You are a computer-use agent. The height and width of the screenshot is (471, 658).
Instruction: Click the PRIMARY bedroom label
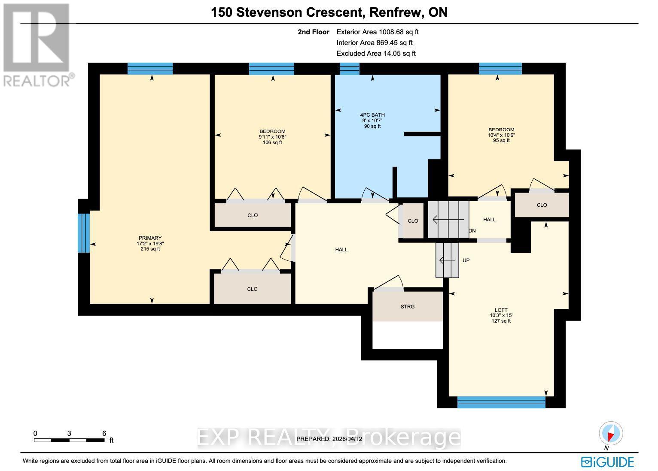click(150, 238)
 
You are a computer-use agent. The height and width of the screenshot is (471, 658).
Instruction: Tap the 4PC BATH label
click(372, 115)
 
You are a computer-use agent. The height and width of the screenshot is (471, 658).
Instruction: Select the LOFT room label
click(501, 310)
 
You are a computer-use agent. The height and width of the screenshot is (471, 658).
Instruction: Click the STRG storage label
click(407, 307)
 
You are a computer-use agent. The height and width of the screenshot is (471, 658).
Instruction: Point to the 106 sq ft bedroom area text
click(272, 142)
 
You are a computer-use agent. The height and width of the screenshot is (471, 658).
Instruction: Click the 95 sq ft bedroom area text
click(501, 140)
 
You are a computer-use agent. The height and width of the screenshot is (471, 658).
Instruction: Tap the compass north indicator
click(610, 434)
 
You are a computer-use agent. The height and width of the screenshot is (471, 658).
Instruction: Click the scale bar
click(69, 440)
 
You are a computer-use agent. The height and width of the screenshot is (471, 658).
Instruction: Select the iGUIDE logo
click(607, 462)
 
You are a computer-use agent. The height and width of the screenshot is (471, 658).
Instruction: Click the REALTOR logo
click(36, 45)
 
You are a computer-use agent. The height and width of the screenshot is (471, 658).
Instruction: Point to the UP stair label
click(466, 260)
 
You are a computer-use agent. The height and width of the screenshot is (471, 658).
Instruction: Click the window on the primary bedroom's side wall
click(84, 232)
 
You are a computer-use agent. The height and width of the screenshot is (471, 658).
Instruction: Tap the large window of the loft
click(501, 402)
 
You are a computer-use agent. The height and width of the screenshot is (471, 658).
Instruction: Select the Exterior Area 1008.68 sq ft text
click(377, 32)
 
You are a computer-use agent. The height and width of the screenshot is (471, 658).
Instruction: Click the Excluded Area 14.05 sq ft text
click(376, 53)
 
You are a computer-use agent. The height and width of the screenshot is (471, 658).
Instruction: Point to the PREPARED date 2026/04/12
click(329, 439)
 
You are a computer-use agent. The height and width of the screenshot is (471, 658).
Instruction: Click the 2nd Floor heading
click(314, 32)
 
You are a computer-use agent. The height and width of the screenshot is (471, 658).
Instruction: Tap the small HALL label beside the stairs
click(489, 220)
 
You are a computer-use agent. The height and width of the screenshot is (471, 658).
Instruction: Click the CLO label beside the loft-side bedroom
click(542, 205)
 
